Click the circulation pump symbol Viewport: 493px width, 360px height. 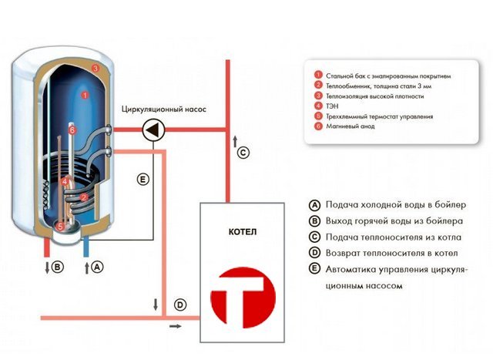[x=153, y=130]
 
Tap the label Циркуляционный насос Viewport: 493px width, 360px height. [x=164, y=109]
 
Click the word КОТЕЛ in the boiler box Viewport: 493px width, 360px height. [x=243, y=232]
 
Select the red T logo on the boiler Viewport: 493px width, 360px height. [x=243, y=298]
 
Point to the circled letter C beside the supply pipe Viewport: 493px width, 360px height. [x=243, y=153]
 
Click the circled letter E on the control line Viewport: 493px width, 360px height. [x=143, y=180]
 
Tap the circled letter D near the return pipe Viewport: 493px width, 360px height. [x=180, y=304]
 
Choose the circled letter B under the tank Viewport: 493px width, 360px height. [x=58, y=267]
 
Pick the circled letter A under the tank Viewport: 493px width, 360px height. [x=97, y=267]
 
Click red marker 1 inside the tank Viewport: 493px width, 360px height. [x=85, y=94]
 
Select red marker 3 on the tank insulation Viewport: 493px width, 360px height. [x=96, y=68]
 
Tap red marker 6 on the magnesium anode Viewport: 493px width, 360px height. [x=72, y=130]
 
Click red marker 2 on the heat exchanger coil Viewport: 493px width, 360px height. [x=84, y=197]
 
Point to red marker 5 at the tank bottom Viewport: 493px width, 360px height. [x=60, y=226]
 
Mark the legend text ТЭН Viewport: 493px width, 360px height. [x=332, y=106]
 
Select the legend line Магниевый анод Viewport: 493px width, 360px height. [x=350, y=126]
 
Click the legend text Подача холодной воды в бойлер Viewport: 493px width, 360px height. [x=395, y=205]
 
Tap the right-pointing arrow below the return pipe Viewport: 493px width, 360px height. [x=176, y=326]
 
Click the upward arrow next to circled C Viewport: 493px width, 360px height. [x=235, y=142]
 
